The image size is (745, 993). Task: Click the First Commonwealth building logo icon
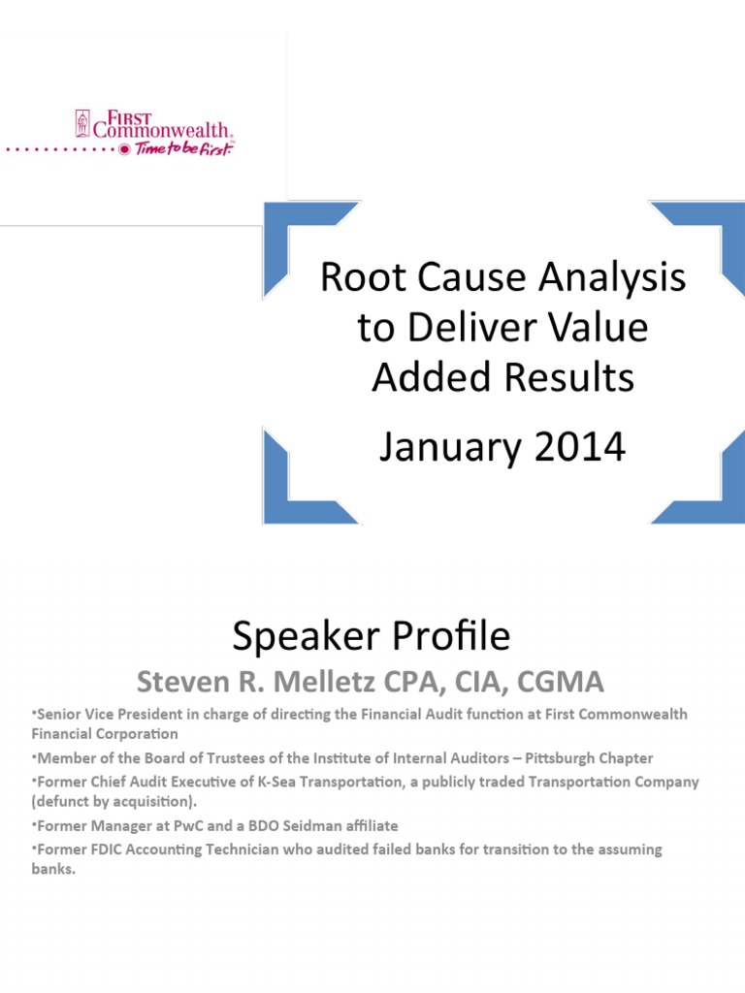(x=82, y=123)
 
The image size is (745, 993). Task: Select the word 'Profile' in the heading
(x=451, y=636)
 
